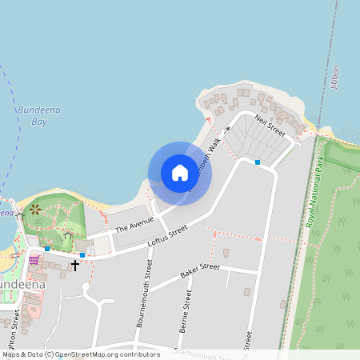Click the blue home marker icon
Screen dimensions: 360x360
pos(180,173)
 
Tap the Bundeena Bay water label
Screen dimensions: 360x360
pos(31,117)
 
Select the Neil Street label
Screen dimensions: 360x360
pos(270,125)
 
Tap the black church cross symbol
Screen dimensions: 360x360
pos(76,264)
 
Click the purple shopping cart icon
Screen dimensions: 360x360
pos(34,259)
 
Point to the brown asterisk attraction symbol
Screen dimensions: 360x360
pos(34,210)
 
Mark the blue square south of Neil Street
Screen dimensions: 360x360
pos(258,162)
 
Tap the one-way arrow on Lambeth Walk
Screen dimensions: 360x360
pos(226,128)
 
